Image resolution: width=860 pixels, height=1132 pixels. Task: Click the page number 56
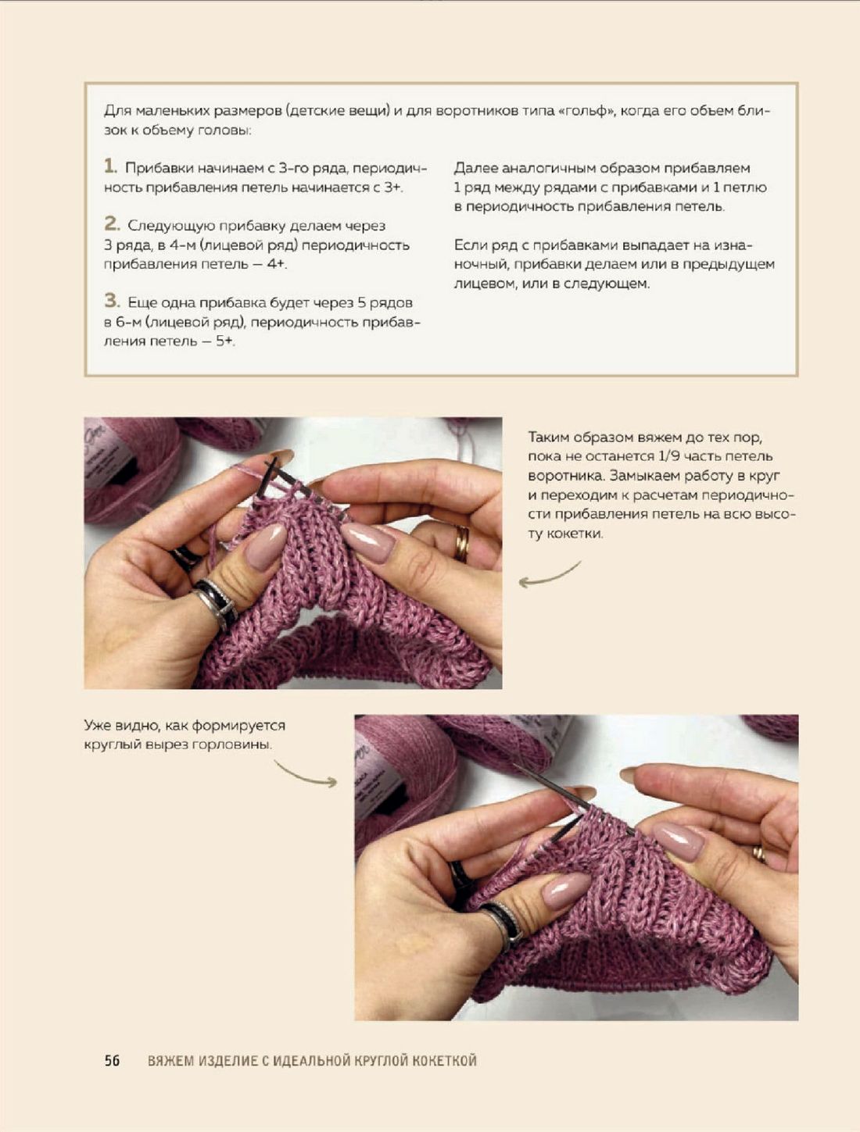click(x=112, y=1061)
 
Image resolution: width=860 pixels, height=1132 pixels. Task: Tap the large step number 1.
click(x=109, y=166)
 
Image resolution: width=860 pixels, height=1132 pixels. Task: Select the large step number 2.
click(x=112, y=223)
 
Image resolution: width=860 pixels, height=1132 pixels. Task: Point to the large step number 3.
click(x=112, y=301)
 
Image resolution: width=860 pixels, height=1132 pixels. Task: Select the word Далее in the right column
click(x=475, y=168)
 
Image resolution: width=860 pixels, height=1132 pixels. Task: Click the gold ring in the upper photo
click(x=462, y=543)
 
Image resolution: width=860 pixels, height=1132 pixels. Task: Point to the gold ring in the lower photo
click(x=759, y=854)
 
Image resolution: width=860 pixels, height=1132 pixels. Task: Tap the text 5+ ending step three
click(x=225, y=341)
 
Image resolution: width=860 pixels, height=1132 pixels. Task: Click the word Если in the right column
click(x=471, y=245)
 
